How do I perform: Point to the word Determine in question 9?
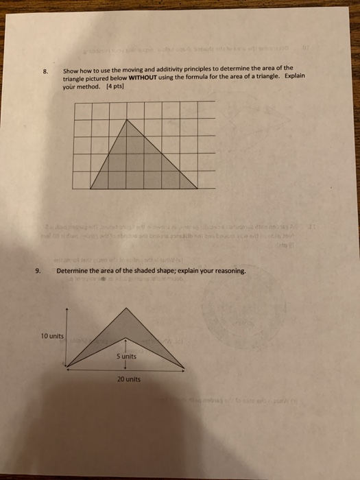73,272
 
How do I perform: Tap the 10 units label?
52,337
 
